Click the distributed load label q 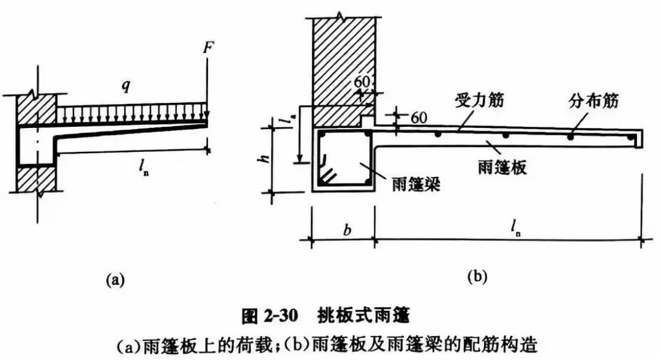pyautogui.click(x=126, y=86)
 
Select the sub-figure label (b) pyautogui.click(x=477, y=277)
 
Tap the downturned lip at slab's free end pyautogui.click(x=640, y=141)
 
